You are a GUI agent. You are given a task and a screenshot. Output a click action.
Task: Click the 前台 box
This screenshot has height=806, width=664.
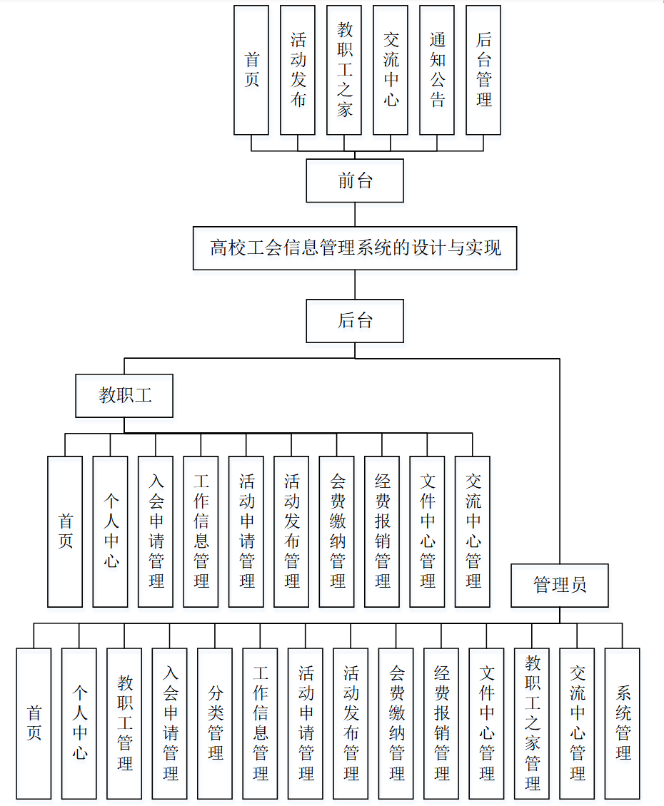point(355,180)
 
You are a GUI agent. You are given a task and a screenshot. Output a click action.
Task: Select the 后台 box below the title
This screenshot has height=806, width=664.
point(355,321)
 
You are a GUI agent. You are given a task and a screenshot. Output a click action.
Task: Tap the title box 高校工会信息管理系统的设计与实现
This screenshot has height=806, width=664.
point(355,248)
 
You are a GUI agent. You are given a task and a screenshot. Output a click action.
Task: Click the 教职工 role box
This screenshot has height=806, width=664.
point(124,396)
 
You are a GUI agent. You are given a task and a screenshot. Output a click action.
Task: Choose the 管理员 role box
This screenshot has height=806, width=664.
point(560,586)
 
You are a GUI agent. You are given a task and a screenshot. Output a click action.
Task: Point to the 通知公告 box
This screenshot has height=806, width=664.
point(437,70)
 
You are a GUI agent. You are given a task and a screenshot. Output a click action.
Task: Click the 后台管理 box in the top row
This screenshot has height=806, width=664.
point(483,70)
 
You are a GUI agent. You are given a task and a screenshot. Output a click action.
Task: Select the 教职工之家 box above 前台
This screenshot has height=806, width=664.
point(344,70)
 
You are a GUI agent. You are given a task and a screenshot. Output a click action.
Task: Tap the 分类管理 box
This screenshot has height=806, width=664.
point(215,723)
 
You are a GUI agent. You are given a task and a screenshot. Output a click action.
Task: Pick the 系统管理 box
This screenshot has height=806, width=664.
point(623,723)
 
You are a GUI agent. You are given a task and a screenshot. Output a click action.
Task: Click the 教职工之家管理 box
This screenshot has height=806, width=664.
point(532,723)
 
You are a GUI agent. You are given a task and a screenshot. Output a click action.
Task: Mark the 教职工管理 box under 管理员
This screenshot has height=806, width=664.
point(124,723)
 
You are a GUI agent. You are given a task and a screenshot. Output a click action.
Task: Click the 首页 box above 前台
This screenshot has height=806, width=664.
point(251,70)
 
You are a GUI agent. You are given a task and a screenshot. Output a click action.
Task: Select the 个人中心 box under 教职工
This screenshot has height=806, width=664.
point(111,531)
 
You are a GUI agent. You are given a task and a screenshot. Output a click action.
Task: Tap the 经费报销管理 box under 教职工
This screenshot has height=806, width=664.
point(382,531)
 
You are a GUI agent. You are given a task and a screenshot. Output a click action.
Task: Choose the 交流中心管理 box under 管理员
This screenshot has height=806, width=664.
point(578,723)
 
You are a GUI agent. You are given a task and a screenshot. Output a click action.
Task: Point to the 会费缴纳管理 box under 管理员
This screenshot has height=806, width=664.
point(396,723)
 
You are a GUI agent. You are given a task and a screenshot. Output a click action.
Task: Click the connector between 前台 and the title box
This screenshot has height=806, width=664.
point(355,215)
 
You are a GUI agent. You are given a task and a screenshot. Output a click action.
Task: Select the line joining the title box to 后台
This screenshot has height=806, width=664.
point(355,285)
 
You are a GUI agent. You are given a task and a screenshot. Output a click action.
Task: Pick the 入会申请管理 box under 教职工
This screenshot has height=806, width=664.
point(156,531)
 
